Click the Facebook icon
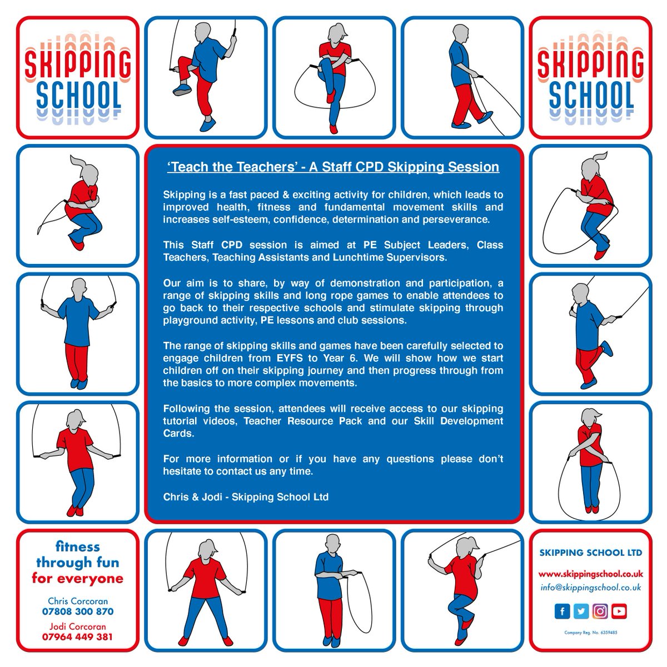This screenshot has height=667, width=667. point(563,611)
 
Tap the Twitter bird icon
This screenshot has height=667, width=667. point(581,611)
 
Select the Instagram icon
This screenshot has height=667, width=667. point(600,611)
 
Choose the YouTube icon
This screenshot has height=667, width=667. point(619,611)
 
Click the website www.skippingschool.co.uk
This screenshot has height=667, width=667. point(590,573)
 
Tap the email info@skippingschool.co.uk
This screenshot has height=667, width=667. point(590,587)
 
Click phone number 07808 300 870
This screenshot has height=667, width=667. point(77,611)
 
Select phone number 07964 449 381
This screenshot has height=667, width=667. point(77,637)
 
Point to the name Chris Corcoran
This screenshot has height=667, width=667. point(77,601)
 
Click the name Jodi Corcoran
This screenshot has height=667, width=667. point(77,627)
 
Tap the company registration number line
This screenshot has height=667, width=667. point(590,633)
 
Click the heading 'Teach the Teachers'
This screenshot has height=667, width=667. point(333,167)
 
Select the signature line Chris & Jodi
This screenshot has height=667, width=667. point(246,496)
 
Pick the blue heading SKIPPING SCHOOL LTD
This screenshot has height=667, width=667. point(590,552)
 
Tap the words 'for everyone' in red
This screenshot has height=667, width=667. point(77,578)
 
